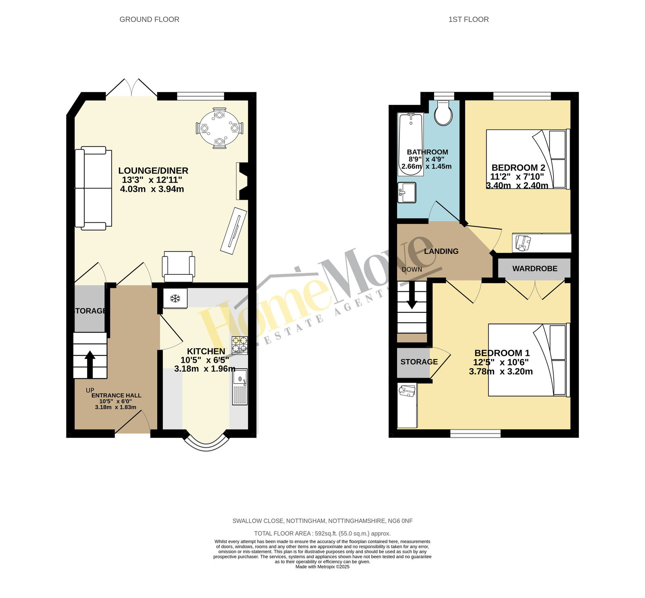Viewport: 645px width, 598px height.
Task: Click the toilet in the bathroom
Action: [444, 112]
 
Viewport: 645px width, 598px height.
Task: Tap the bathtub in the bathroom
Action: [411, 144]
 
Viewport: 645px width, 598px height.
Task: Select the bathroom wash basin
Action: [406, 192]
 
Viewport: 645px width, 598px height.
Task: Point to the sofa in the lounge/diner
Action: [94, 188]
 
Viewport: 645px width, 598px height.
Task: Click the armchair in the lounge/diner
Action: [178, 266]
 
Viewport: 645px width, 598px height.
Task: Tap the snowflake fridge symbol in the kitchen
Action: [175, 299]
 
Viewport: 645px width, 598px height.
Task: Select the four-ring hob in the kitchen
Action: [239, 345]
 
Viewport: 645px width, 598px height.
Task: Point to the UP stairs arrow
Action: [90, 364]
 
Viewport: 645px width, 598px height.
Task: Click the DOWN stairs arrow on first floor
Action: [412, 295]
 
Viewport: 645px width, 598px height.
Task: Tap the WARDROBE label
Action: [535, 268]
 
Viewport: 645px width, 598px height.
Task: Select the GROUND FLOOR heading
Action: [150, 19]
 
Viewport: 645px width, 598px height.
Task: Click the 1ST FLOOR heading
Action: [468, 19]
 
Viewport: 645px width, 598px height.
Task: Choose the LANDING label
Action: [441, 251]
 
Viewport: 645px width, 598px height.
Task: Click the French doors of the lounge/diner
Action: [131, 88]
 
